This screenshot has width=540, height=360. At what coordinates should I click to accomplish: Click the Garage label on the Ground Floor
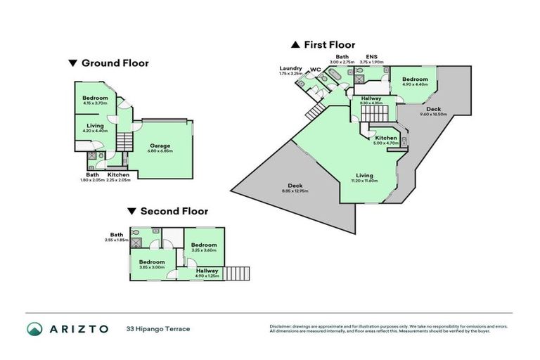point(160,146)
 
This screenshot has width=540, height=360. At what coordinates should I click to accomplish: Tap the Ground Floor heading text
point(115,63)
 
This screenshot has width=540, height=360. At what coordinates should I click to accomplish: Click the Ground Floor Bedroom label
point(95,98)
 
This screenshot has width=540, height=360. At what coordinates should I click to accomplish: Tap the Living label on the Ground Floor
point(95,126)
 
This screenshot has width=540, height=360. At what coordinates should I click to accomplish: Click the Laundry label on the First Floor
point(290,68)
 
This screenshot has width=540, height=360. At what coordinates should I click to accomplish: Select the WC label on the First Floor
point(315,68)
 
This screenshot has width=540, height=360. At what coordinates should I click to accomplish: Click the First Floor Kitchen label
point(386,139)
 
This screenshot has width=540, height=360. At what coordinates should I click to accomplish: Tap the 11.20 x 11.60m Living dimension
point(364,181)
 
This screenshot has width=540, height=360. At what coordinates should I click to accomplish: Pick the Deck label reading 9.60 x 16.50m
point(433,109)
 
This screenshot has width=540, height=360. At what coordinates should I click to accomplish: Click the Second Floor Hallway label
point(207,270)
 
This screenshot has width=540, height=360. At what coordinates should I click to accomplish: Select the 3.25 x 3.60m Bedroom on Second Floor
point(204,245)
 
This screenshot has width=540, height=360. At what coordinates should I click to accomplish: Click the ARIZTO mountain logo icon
point(35,328)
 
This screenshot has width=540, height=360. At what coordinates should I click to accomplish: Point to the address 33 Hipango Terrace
point(158,328)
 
